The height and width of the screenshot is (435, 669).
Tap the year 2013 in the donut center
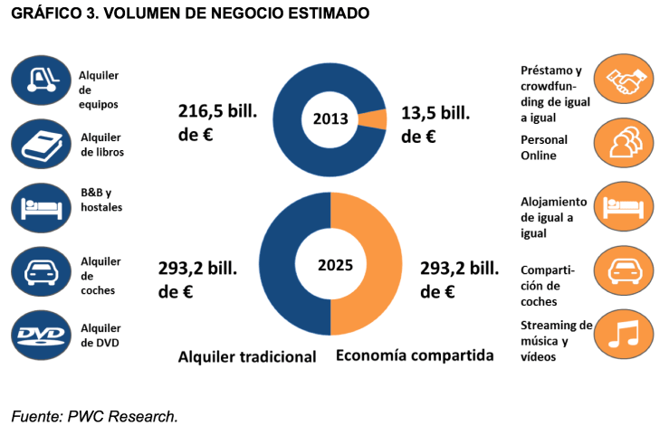pos(330,119)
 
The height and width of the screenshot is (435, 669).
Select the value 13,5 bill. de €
pos(435,125)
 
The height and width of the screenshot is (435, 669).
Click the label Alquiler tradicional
pos(247,356)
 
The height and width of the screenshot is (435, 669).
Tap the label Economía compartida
pos(415,355)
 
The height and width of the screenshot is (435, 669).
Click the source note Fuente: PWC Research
pos(95,416)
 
